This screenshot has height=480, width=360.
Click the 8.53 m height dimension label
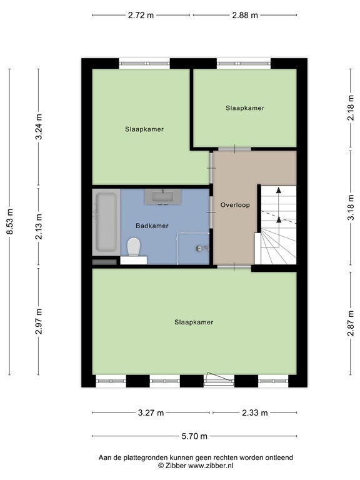click(11, 222)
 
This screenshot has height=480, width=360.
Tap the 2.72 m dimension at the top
click(141, 15)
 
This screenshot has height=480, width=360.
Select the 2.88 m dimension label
click(245, 15)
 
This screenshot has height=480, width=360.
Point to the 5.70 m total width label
click(194, 436)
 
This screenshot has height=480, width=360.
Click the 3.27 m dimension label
click(151, 413)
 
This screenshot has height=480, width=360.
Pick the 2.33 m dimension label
click(255, 413)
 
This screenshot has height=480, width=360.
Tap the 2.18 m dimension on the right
click(351, 107)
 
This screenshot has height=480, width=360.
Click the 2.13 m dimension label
click(39, 226)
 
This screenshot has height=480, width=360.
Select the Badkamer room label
click(152, 226)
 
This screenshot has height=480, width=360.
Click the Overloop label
click(235, 205)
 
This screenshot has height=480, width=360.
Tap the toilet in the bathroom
click(134, 247)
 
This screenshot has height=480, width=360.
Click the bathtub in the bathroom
click(106, 222)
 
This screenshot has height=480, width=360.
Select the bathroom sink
click(163, 197)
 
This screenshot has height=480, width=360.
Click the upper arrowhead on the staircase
click(279, 190)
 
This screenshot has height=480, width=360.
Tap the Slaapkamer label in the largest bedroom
click(194, 322)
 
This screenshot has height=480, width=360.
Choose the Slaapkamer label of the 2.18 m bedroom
click(245, 108)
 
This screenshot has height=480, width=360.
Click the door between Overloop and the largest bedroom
click(234, 267)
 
